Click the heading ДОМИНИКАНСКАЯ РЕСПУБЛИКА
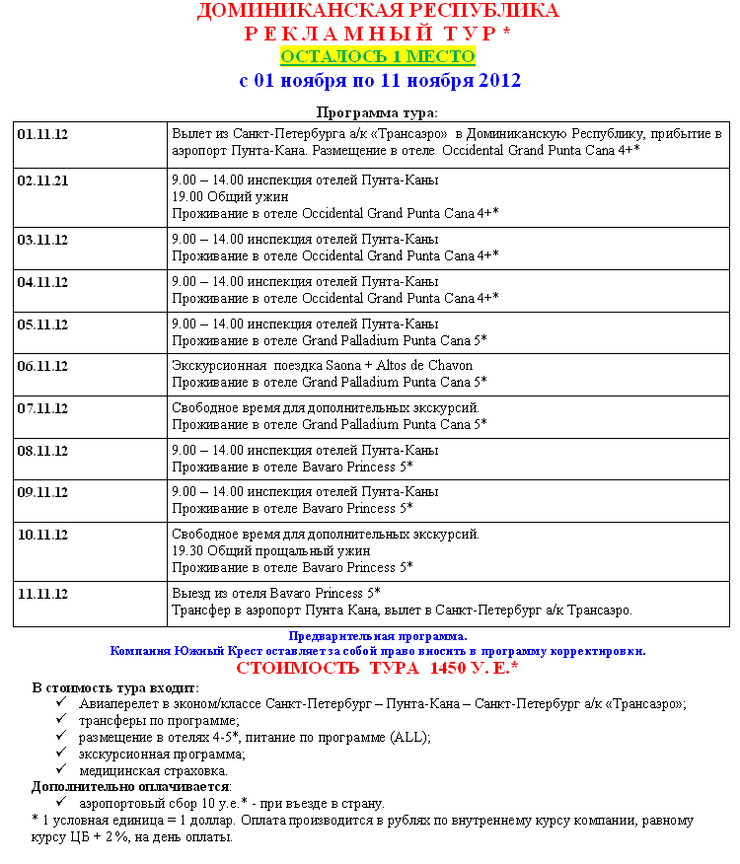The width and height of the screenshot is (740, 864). coord(378,12)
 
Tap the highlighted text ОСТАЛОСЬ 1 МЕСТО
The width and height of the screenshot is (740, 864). coord(378,56)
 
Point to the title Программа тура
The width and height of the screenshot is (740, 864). coord(377,112)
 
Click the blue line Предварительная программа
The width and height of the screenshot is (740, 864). coord(378,636)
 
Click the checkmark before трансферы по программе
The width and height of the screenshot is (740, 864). coord(60,720)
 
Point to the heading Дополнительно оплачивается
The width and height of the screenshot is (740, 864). coord(130,787)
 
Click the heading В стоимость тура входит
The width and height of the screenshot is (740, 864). coord(114,687)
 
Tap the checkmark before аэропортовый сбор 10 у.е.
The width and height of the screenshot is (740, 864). coord(60,803)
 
